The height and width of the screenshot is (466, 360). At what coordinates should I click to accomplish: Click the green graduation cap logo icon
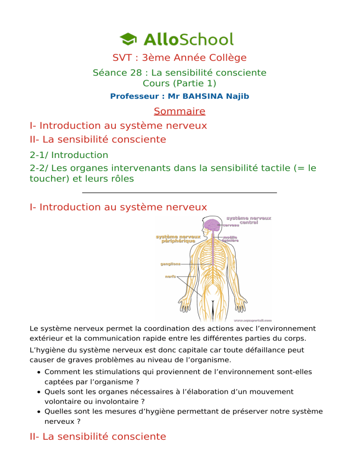tap(128, 38)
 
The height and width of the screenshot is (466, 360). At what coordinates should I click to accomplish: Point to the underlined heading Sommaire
tap(180, 112)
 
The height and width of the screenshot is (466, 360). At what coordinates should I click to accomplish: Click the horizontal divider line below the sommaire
tap(180, 193)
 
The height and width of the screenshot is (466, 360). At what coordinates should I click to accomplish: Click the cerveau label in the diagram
tap(231, 225)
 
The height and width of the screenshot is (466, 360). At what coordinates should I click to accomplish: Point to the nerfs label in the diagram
tap(170, 277)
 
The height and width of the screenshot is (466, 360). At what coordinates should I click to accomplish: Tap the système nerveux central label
tap(248, 221)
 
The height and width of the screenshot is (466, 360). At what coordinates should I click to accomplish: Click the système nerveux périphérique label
tap(178, 239)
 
